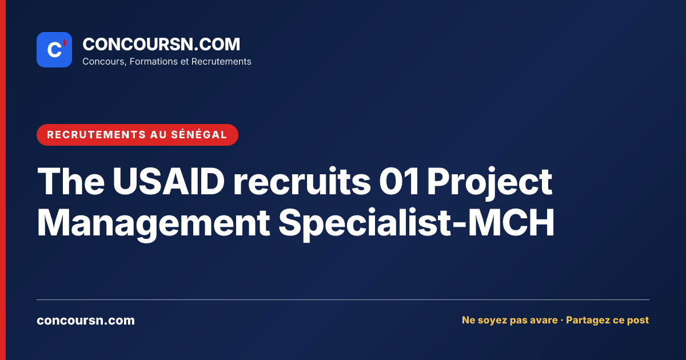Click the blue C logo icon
coord(54,50)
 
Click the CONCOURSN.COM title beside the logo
coord(161,44)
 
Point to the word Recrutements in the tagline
coord(221,62)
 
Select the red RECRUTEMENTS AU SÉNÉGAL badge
coord(137,135)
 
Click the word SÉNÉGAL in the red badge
coord(199,135)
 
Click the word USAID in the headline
coord(169,181)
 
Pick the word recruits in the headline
coord(302,181)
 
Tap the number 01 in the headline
coord(399,181)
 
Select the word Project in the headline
coord(489,183)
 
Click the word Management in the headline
coord(153,224)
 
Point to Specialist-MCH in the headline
coord(417,224)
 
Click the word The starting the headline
coord(71,181)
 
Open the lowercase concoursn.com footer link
coord(86,321)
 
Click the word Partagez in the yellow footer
coord(588,320)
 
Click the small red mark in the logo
coord(65,43)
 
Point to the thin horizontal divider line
coord(343,299)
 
